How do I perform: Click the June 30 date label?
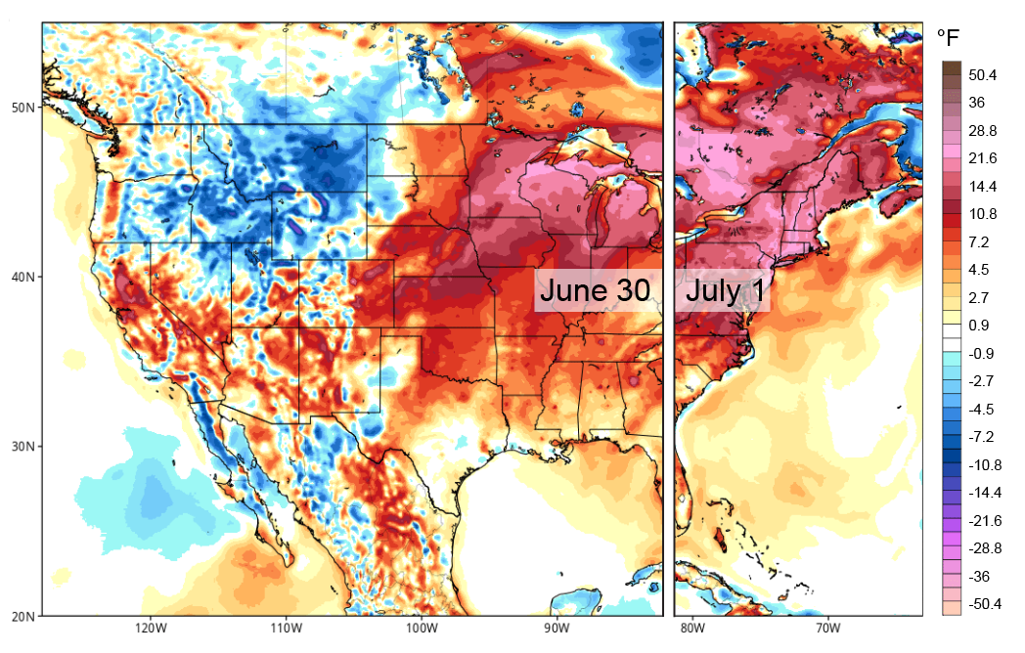pyautogui.click(x=594, y=291)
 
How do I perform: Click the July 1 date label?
pyautogui.click(x=724, y=291)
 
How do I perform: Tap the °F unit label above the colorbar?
pyautogui.click(x=950, y=38)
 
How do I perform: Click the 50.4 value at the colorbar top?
pyautogui.click(x=982, y=75)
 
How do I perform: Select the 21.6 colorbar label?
pyautogui.click(x=982, y=158)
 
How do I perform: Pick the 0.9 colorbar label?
pyautogui.click(x=978, y=326)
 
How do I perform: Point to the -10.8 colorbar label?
pyautogui.click(x=984, y=465)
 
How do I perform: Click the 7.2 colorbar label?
pyautogui.click(x=978, y=241)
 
